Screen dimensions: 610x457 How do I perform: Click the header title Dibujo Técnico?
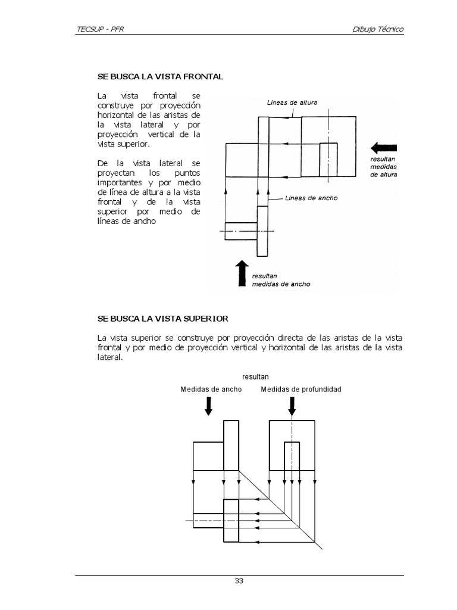point(378,29)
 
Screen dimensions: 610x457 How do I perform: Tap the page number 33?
point(239,581)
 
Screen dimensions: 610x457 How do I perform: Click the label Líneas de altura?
point(292,102)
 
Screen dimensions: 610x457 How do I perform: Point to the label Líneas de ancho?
point(311,198)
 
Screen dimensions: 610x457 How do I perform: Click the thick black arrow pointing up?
point(242,272)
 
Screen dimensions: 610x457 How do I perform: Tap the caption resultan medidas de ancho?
point(280,281)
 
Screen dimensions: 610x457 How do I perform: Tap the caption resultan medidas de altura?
point(383,167)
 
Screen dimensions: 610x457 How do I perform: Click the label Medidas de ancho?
point(211,389)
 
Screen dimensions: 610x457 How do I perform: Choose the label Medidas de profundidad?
point(301,389)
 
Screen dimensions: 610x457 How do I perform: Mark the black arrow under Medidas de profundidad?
point(292,406)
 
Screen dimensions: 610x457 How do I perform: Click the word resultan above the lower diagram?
point(255,376)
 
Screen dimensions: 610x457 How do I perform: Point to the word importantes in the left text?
point(116,182)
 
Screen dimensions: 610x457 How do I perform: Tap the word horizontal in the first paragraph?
point(115,114)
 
